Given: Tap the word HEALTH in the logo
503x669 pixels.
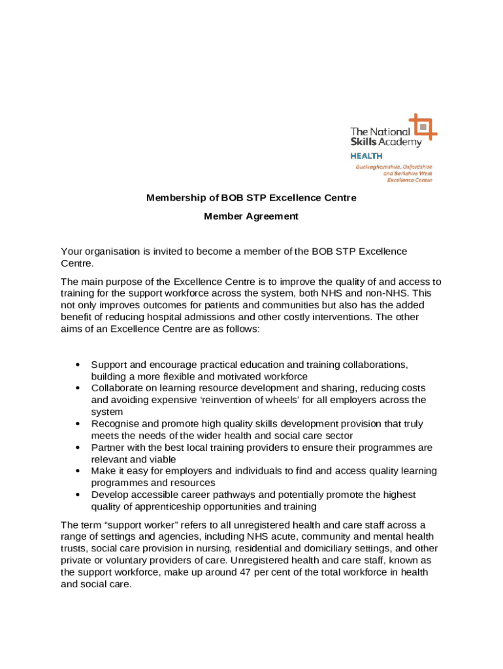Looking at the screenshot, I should click(x=366, y=156).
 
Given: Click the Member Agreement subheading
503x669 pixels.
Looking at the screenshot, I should click(x=251, y=216).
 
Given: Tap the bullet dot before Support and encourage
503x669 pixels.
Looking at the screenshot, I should click(x=78, y=365).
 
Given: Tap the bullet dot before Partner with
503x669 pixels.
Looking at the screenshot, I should click(x=78, y=448).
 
